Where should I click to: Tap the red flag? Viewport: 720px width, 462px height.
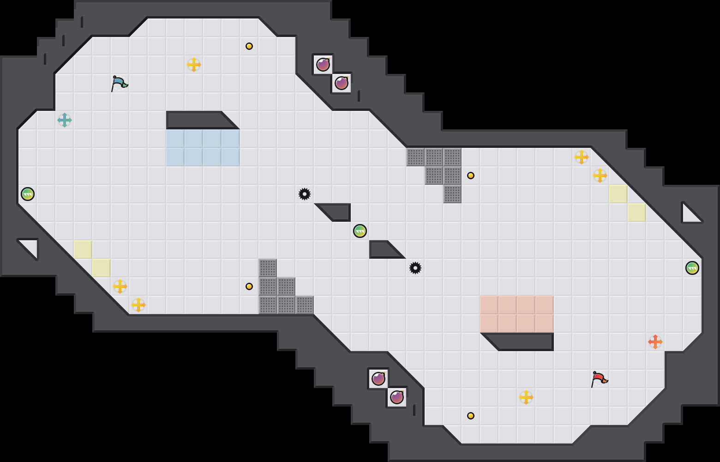(599, 379)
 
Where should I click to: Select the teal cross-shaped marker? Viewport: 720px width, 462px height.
(65, 120)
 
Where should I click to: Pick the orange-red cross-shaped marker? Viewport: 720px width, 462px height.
(655, 342)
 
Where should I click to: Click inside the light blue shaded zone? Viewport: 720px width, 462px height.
(203, 148)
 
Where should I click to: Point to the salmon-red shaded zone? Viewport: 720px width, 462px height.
(517, 314)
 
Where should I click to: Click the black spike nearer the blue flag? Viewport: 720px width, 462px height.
(305, 194)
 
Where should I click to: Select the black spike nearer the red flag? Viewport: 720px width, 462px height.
(415, 268)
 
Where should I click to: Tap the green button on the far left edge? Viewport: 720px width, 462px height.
(28, 194)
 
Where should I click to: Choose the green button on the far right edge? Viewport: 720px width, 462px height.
(692, 268)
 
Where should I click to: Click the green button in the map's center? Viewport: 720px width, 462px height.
(360, 231)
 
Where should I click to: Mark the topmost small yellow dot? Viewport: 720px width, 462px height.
(249, 46)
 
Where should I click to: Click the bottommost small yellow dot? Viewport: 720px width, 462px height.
(471, 416)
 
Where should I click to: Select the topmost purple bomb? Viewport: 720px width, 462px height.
(323, 65)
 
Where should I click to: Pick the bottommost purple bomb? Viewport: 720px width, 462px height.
(397, 397)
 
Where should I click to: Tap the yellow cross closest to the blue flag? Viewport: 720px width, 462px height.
(194, 65)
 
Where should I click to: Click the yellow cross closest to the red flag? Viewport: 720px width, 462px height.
(526, 397)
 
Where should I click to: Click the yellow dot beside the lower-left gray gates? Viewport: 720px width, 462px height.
(249, 286)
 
